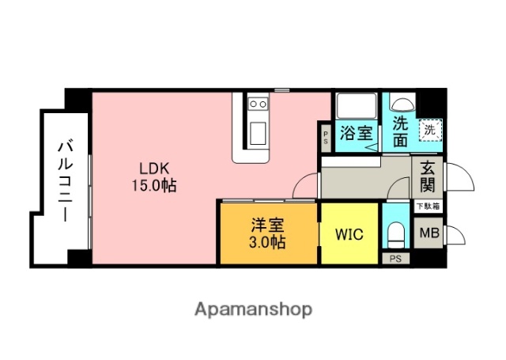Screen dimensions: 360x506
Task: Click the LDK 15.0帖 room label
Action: (153, 177)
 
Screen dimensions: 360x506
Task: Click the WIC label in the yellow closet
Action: (349, 235)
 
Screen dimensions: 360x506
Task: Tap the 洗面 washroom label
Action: (400, 132)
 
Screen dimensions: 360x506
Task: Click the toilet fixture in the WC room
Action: (395, 235)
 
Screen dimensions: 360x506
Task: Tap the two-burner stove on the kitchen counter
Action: (258, 104)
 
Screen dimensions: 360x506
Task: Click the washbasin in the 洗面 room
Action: (401, 103)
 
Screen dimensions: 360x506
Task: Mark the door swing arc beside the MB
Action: (454, 236)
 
